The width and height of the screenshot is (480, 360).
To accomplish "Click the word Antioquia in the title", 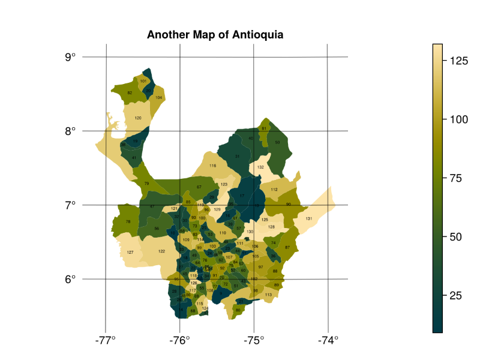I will (254, 35).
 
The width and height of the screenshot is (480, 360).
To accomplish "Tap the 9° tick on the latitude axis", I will (70, 57).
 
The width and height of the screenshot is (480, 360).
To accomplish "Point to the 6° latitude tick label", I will (70, 279).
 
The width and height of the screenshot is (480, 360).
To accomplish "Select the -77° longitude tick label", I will (106, 339).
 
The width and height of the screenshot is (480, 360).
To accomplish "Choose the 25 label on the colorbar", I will (456, 296).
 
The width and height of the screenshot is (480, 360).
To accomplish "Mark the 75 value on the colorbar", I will (456, 178).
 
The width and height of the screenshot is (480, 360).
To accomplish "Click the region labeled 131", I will (308, 218).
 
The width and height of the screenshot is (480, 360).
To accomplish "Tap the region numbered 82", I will (130, 93).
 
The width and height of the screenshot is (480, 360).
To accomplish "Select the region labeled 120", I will (138, 118).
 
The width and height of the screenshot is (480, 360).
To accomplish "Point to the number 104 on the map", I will (158, 97).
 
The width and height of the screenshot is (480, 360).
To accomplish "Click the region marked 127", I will (130, 252).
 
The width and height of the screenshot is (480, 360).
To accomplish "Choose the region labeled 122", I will (161, 251).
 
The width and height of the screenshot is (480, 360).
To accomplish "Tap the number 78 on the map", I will (128, 222).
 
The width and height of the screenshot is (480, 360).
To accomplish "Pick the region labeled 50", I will (277, 142).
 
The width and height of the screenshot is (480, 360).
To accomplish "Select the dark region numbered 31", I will (237, 157).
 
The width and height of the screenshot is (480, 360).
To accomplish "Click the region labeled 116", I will (212, 166).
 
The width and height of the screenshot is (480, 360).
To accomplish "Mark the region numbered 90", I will (289, 205).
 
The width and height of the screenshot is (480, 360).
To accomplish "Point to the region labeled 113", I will (268, 295).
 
